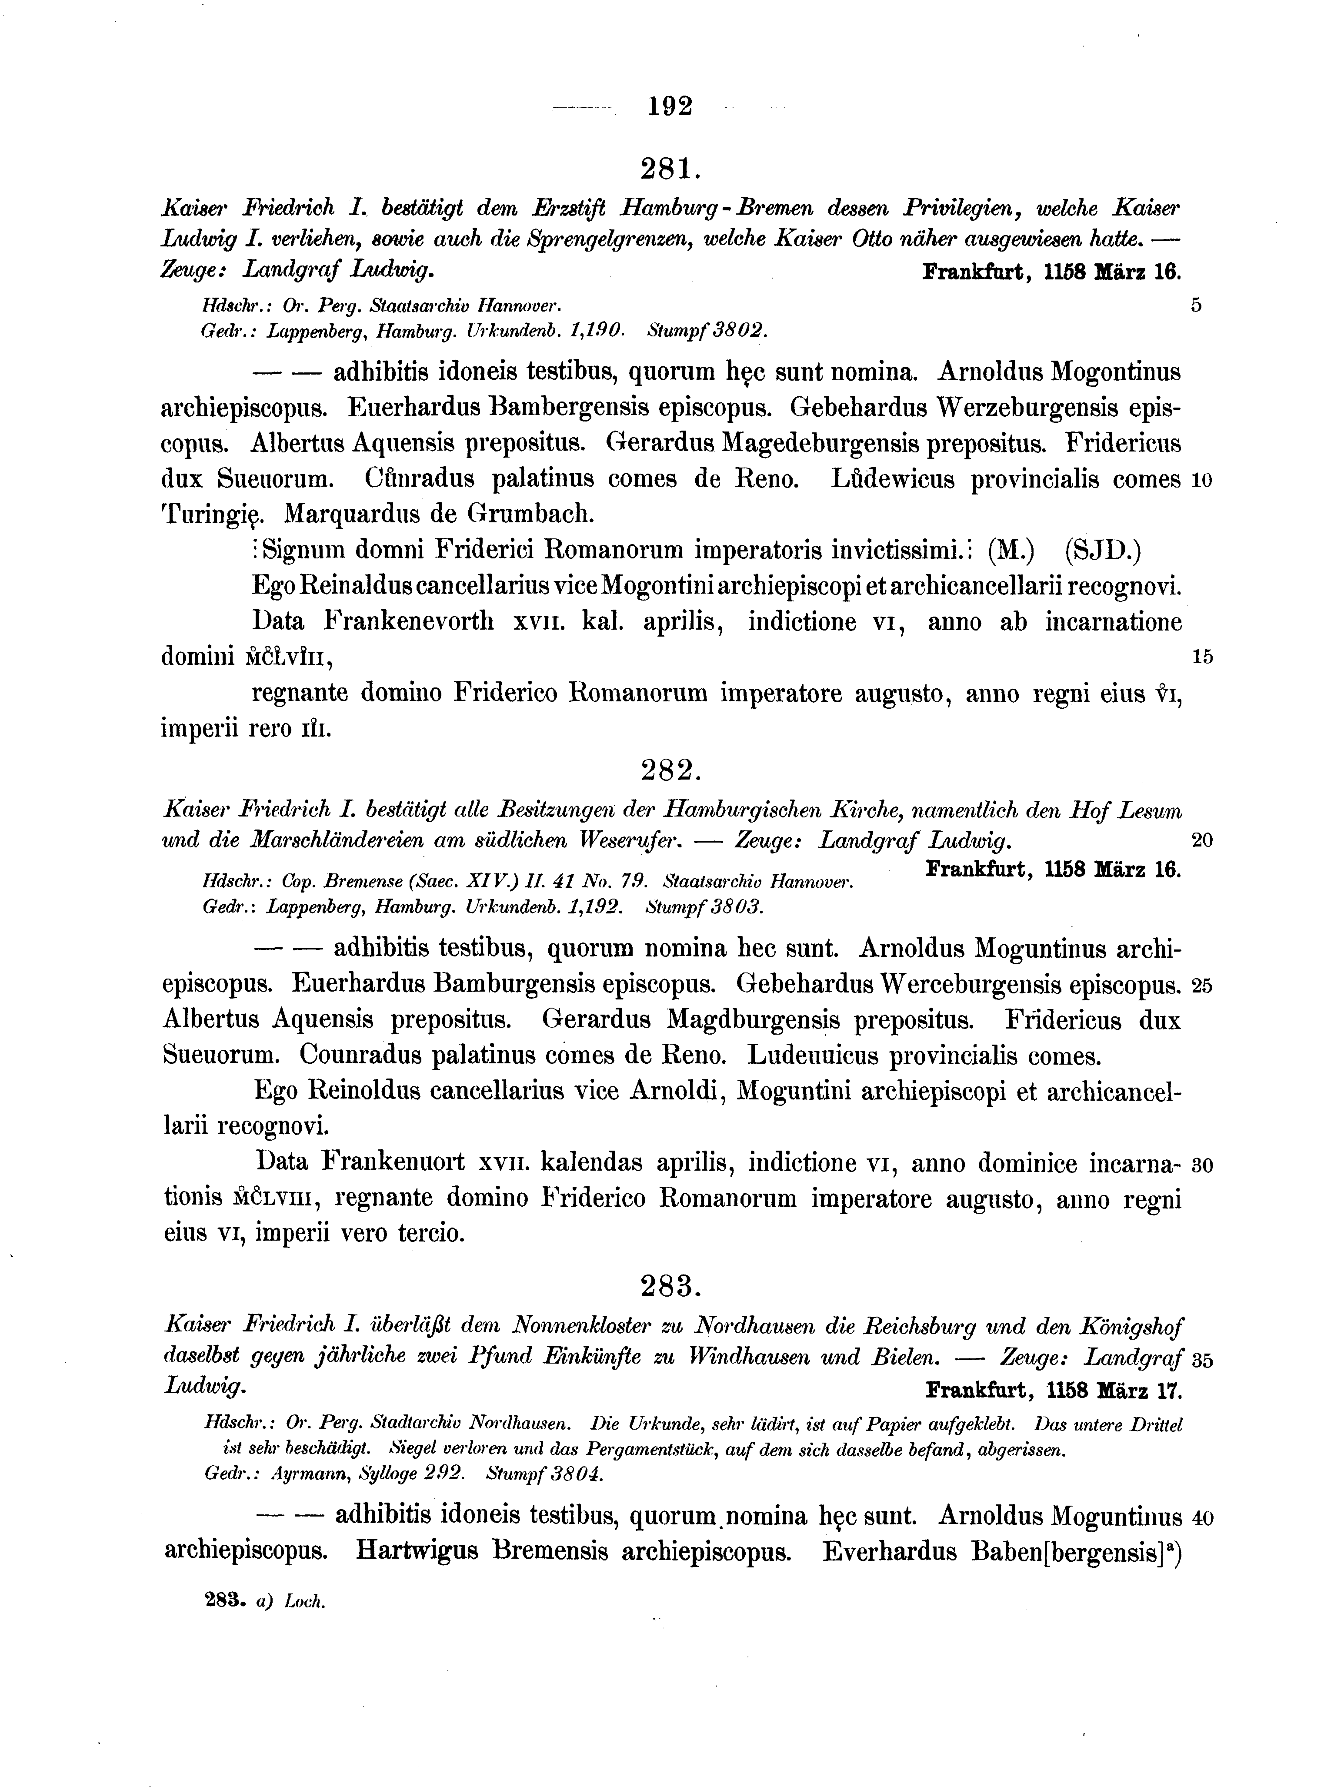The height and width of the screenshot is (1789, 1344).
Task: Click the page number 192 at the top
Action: click(670, 106)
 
